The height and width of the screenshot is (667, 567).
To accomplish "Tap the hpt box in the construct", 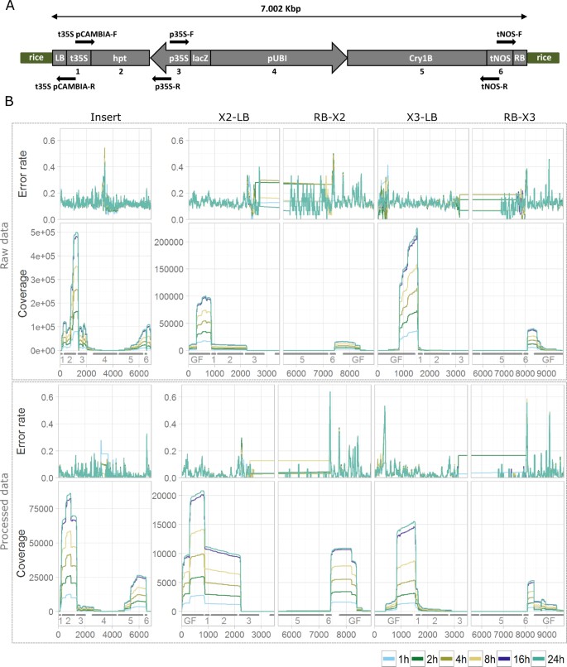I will [x=121, y=58].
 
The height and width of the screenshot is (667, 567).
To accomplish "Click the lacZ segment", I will [x=200, y=58].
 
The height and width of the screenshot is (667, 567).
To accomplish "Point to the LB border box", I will [x=59, y=58].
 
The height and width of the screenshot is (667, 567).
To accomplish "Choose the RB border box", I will [x=519, y=58].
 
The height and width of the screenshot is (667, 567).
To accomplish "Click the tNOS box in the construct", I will [x=499, y=58].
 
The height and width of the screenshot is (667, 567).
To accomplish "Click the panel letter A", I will [x=7, y=7].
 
